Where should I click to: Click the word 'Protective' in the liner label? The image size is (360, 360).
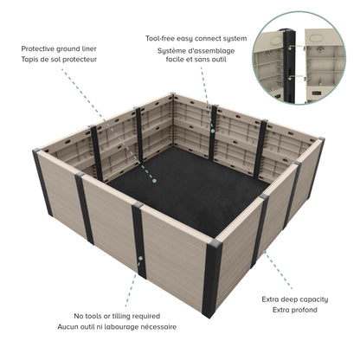39,49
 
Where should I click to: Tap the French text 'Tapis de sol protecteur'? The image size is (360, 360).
59,60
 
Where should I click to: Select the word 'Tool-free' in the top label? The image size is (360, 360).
164,39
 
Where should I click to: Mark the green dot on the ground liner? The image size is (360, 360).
154,182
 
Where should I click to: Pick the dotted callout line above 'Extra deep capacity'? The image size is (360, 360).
274,274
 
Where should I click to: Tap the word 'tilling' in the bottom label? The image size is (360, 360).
139,317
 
